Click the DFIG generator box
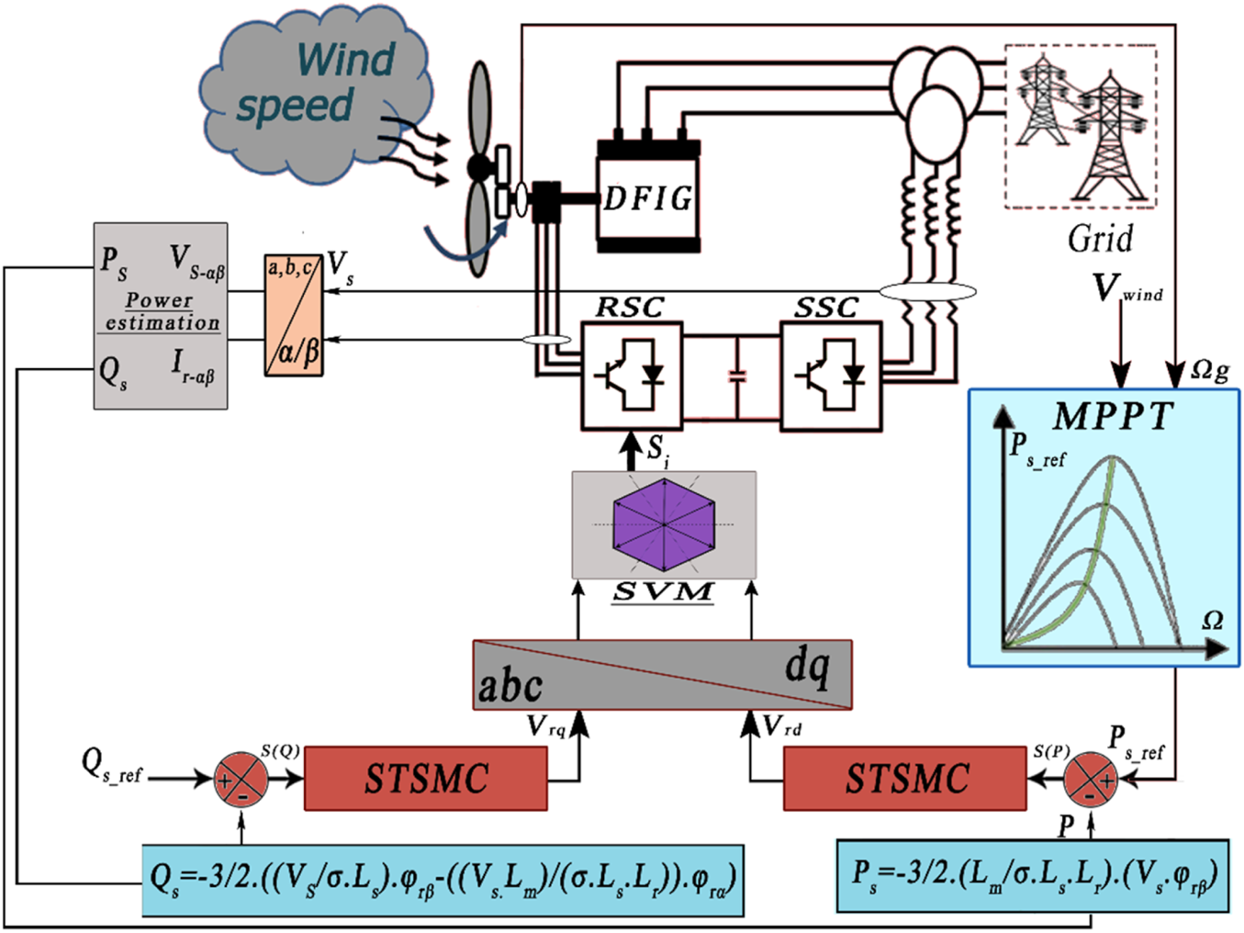[648, 197]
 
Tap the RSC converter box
[632, 377]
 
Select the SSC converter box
[831, 377]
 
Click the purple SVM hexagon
[664, 525]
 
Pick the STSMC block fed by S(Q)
[426, 778]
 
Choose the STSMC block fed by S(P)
[904, 778]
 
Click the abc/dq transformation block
[662, 675]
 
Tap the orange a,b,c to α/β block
[294, 315]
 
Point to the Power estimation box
[161, 316]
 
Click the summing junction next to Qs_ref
[241, 780]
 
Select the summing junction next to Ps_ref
[1091, 780]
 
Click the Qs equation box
[443, 880]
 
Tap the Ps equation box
[1033, 875]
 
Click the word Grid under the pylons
[1100, 239]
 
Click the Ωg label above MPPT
[1210, 371]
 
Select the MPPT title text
[1112, 416]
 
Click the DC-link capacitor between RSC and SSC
[737, 377]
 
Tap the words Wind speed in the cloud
[316, 83]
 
